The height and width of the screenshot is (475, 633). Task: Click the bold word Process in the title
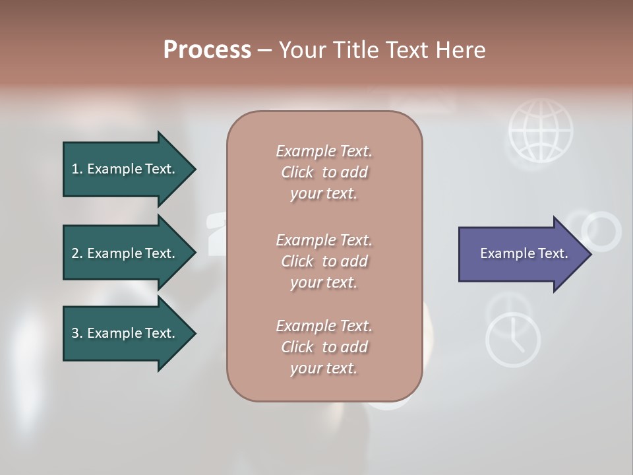point(207,50)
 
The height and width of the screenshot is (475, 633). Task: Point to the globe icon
point(540,131)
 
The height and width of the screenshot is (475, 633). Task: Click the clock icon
point(513,340)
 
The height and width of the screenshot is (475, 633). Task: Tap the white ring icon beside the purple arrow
point(601,232)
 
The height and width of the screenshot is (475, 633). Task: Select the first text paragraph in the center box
point(324,172)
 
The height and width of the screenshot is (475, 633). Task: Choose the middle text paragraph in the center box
point(324,261)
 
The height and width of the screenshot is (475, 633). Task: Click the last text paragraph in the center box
point(324,347)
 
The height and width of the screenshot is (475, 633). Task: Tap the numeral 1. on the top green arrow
point(77,169)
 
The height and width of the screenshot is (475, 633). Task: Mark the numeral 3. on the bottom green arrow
point(77,333)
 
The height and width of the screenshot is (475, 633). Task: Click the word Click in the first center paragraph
point(297,172)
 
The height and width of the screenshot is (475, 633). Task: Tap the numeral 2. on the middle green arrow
point(77,253)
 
